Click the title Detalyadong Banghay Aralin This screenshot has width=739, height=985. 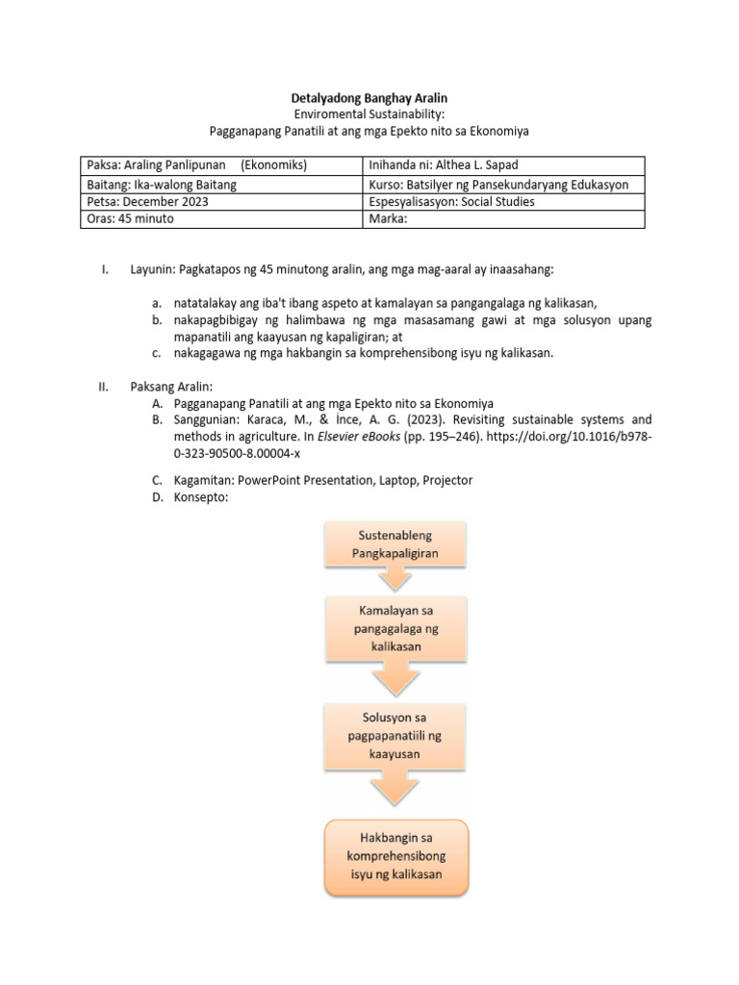(369, 98)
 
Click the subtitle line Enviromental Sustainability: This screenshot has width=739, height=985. (369, 114)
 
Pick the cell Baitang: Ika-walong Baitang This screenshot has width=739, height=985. (162, 184)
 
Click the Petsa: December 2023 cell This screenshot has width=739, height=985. (146, 201)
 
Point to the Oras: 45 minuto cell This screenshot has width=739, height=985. (131, 218)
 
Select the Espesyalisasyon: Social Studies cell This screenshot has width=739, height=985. (451, 201)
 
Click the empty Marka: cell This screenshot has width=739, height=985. (389, 218)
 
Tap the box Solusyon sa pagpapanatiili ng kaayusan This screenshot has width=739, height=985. (395, 737)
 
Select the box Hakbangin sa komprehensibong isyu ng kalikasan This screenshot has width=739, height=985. (395, 856)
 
